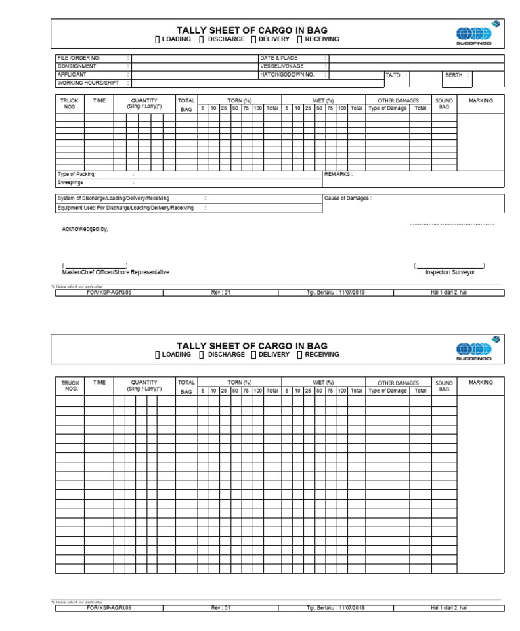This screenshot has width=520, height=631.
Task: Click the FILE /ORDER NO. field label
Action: tap(79, 58)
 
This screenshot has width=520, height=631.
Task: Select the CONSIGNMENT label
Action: tap(77, 66)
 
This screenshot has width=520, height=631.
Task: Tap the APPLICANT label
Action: tap(72, 74)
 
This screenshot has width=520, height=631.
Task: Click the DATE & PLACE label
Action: tap(279, 58)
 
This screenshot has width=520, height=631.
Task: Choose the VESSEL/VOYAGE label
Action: tap(282, 66)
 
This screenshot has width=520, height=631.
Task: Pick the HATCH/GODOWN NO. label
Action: tap(288, 74)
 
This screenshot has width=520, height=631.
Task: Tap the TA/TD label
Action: tap(393, 75)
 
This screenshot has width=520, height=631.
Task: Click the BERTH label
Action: tap(454, 75)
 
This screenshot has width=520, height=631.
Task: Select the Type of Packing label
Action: tap(76, 174)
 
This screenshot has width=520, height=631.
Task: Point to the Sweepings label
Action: tap(70, 182)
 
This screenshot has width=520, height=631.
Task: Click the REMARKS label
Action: tap(338, 174)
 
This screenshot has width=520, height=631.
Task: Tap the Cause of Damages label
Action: tap(347, 198)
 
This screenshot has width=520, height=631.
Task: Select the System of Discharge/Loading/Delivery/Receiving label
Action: tap(113, 198)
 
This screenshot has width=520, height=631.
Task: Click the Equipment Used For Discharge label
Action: tap(125, 208)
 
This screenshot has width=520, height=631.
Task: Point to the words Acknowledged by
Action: tap(85, 229)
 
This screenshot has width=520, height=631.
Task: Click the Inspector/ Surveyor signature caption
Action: tap(450, 272)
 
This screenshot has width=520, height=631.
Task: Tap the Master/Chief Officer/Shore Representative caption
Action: tap(115, 272)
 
